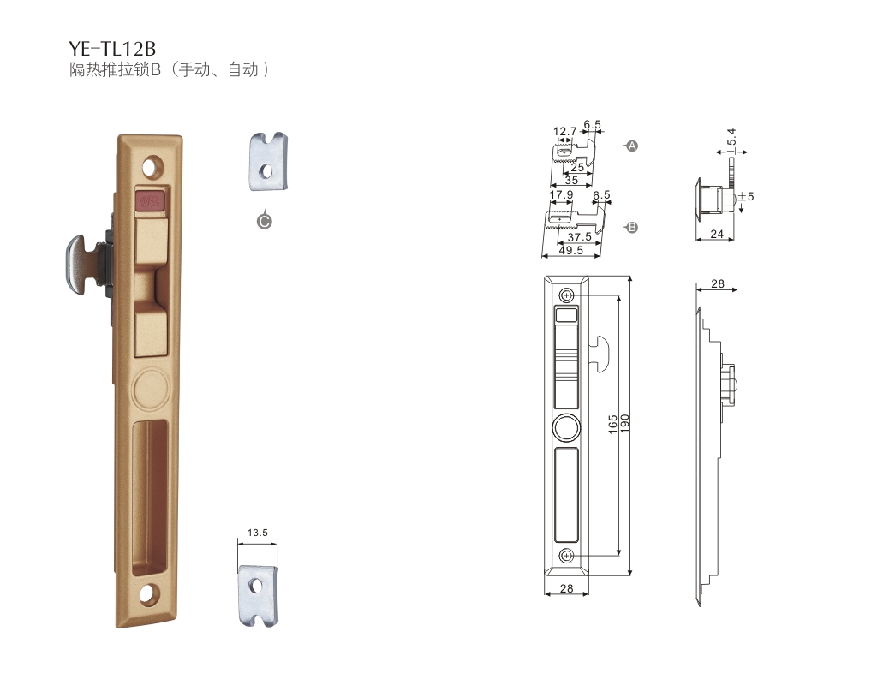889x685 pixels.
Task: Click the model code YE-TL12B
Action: [112, 48]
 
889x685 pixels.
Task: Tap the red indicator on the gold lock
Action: [150, 200]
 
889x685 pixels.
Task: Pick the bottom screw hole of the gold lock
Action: [148, 593]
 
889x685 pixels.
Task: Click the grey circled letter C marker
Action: [264, 221]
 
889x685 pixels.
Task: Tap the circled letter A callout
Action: [631, 146]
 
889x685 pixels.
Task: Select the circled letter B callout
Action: [631, 228]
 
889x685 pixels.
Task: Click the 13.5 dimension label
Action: [258, 533]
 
